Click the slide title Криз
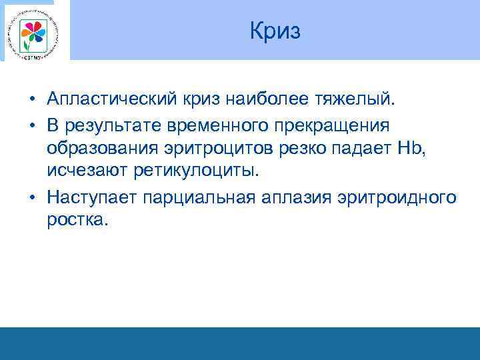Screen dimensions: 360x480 tap(275, 31)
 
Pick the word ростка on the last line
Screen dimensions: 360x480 tap(75, 220)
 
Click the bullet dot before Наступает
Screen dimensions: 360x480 tap(32, 197)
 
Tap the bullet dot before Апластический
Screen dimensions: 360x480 tap(32, 100)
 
